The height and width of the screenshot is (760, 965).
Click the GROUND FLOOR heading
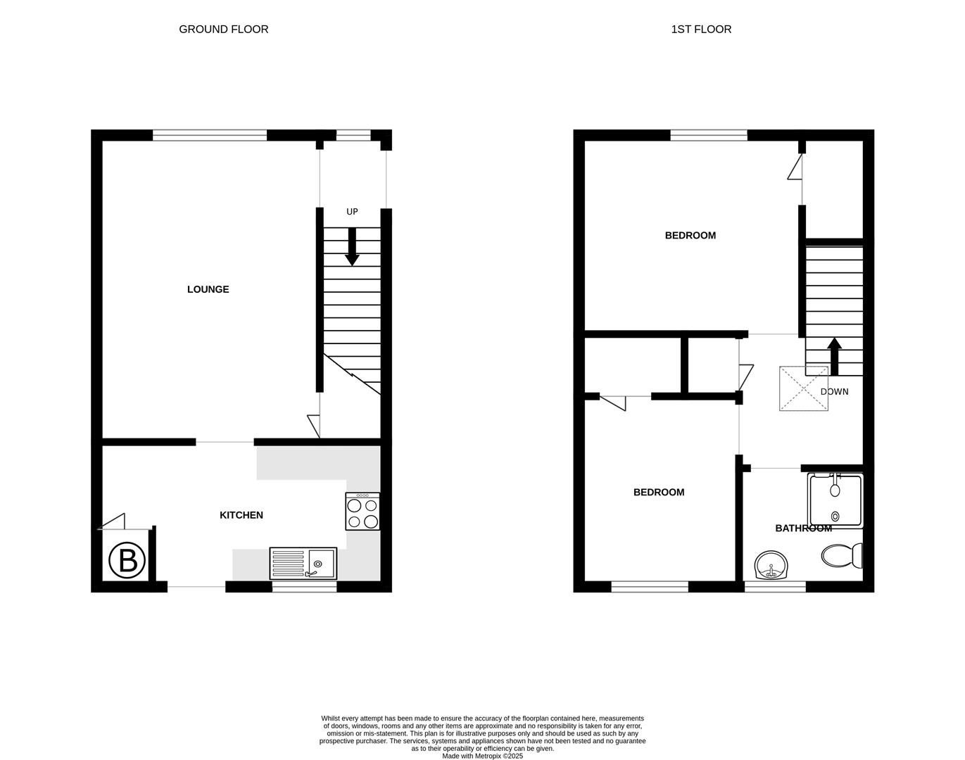pos(223,29)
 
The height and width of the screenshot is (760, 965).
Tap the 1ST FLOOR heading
pos(701,29)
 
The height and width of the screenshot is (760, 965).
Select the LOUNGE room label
pos(208,289)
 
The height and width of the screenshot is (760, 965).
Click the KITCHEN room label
pos(241,515)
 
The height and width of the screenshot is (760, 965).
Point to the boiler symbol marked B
pos(127,560)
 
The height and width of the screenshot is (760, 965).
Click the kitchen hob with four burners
pos(362,512)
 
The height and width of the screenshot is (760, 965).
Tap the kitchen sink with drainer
pos(303,564)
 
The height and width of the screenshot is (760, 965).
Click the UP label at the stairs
pos(352,212)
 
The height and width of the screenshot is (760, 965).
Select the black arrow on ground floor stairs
pos(352,247)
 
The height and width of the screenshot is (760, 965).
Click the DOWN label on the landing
pos(835,391)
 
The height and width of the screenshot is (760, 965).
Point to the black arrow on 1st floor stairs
pos(835,357)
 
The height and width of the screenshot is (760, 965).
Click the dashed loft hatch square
pos(804,388)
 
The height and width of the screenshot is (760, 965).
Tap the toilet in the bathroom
pos(842,555)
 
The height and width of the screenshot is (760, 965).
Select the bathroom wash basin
pos(771,565)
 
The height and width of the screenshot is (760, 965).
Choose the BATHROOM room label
pos(804,528)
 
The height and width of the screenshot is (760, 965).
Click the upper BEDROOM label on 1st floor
pos(690,236)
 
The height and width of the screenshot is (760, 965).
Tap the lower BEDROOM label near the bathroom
pos(659,493)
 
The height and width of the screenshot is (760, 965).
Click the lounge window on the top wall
pos(210,135)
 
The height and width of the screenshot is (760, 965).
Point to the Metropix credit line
pos(483,756)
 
